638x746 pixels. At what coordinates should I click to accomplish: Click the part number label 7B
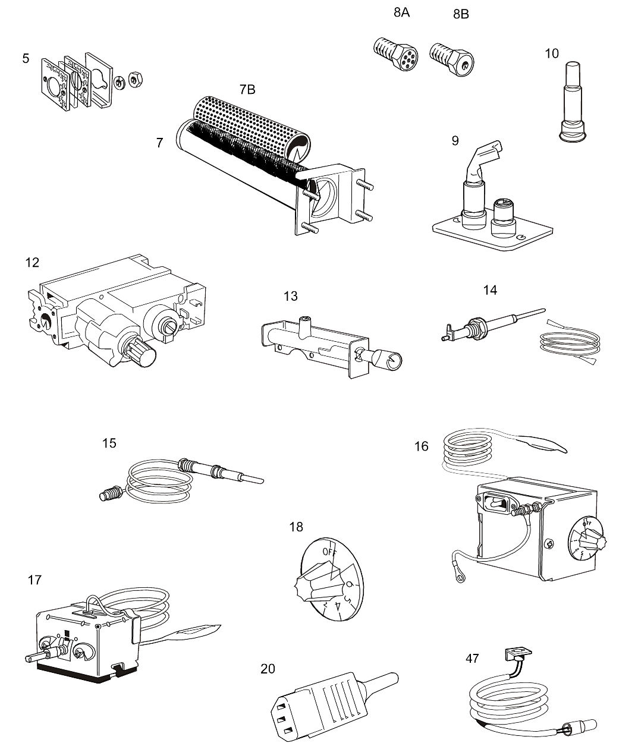pyautogui.click(x=247, y=90)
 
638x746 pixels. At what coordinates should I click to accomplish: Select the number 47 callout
pyautogui.click(x=472, y=658)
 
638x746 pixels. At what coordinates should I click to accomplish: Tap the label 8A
pyautogui.click(x=401, y=12)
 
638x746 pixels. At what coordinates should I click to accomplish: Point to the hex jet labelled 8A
pyautogui.click(x=395, y=51)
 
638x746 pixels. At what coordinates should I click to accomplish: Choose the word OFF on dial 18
pyautogui.click(x=329, y=551)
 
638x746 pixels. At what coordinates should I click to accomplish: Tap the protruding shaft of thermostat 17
pyautogui.click(x=32, y=657)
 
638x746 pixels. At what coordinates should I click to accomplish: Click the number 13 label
pyautogui.click(x=290, y=296)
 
